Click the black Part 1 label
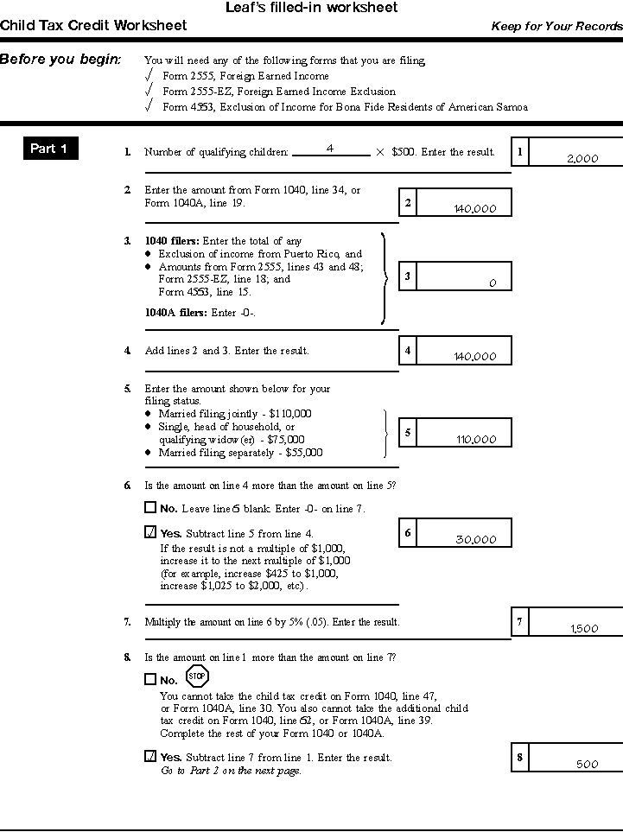click(49, 149)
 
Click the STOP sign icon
click(197, 676)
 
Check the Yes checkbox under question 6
click(150, 532)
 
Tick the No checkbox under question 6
click(150, 508)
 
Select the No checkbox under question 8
click(150, 679)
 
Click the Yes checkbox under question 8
click(150, 756)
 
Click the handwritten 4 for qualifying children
click(330, 149)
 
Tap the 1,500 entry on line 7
click(584, 628)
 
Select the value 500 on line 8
click(587, 764)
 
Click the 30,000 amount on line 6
click(476, 540)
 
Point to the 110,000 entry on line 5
click(476, 439)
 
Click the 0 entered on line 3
click(493, 283)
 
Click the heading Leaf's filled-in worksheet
click(311, 8)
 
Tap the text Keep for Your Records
click(556, 26)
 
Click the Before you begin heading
click(60, 60)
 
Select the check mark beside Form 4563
click(149, 106)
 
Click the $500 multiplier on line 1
click(402, 152)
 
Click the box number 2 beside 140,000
click(408, 203)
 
